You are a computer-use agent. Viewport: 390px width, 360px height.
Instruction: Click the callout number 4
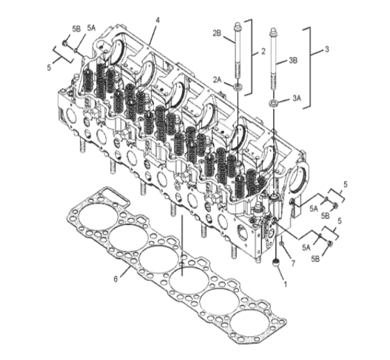157,20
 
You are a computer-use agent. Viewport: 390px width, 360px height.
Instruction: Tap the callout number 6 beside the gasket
116,279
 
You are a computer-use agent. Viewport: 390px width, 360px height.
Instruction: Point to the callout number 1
286,284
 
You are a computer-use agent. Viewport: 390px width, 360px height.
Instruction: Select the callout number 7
293,263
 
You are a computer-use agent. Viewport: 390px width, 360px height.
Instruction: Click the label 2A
217,79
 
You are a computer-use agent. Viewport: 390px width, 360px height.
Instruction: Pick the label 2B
217,33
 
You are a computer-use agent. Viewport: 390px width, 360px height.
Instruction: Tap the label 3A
297,98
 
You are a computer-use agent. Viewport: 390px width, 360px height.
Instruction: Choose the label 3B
292,61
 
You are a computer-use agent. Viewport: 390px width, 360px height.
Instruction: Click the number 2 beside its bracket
263,52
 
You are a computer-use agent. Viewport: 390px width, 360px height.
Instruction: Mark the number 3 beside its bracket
327,49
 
